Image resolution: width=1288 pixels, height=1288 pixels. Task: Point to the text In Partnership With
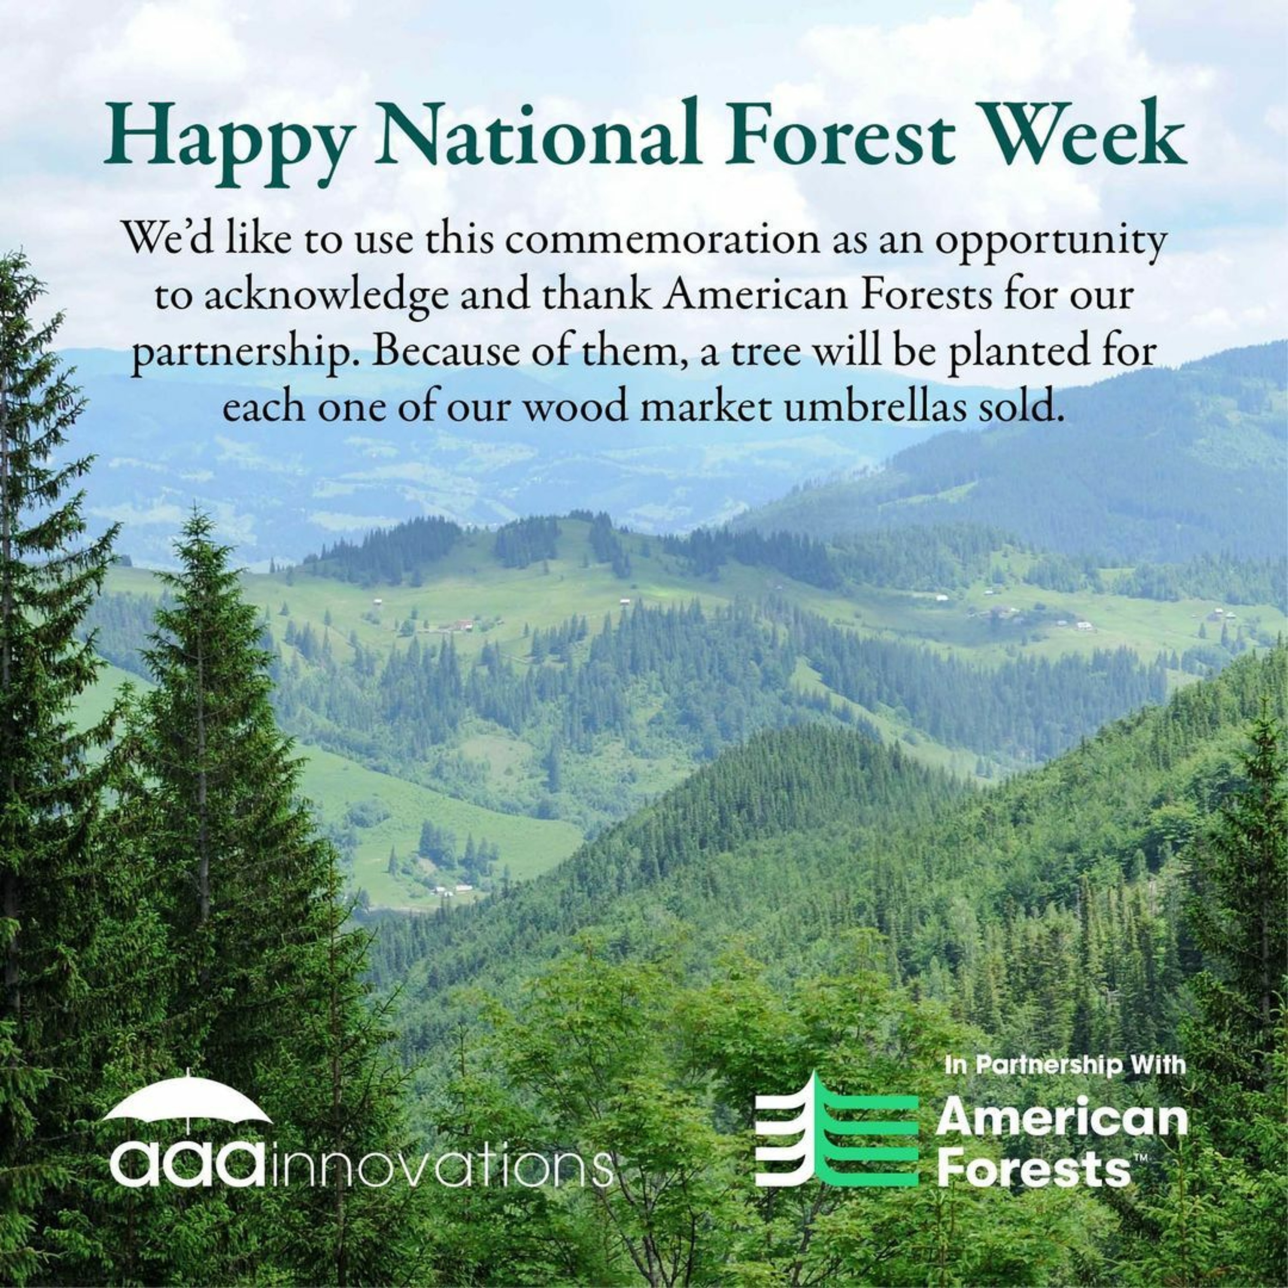click(x=1065, y=1065)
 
